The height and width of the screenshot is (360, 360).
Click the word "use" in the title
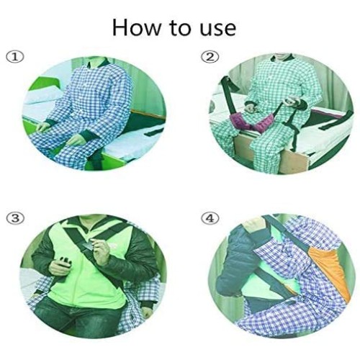click(215, 28)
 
